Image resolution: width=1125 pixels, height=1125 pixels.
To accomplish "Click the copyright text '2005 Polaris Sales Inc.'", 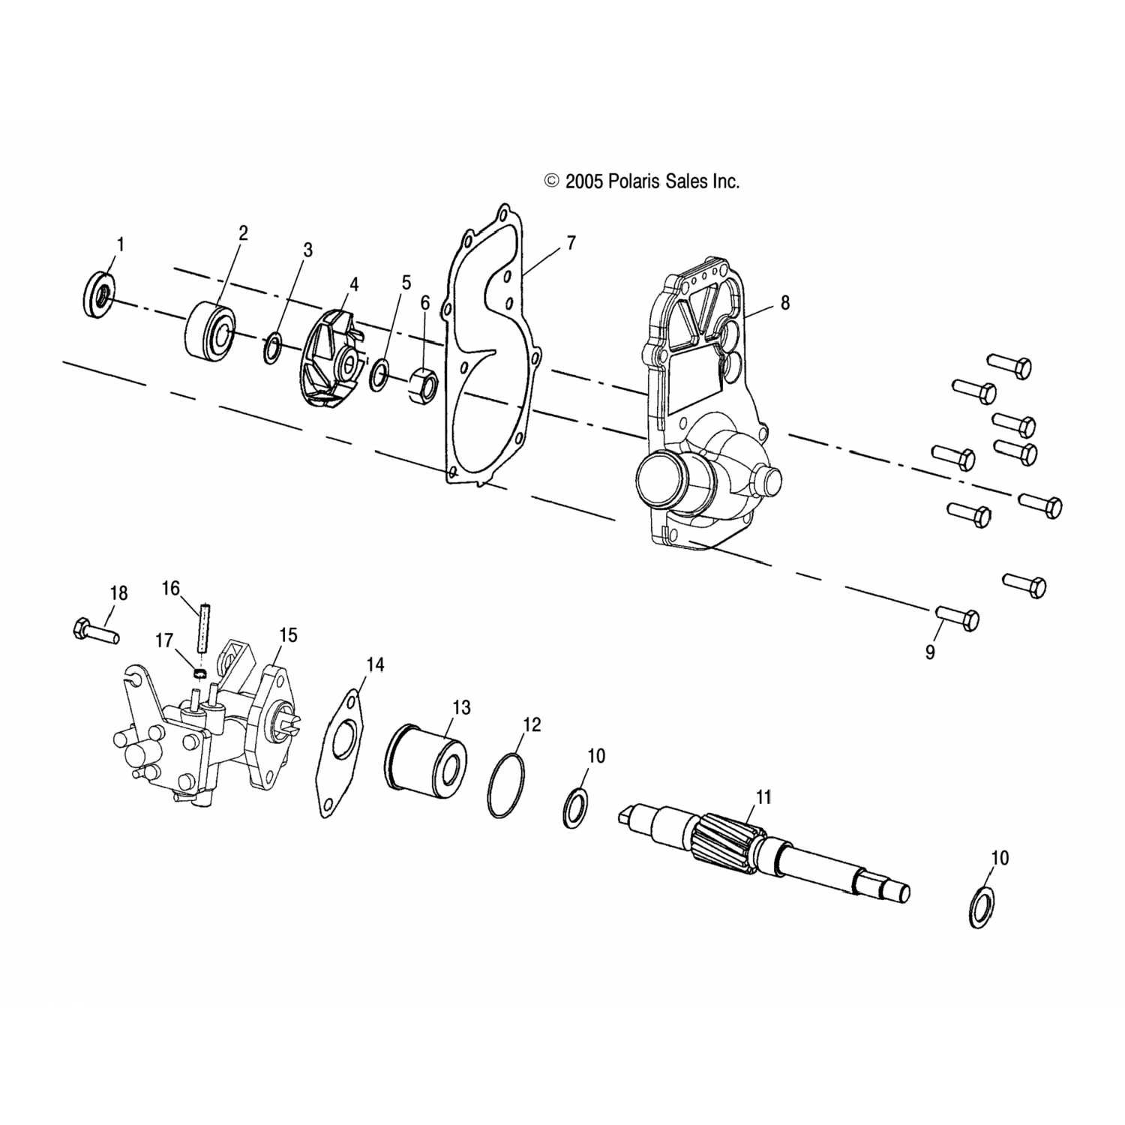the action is pos(652,181).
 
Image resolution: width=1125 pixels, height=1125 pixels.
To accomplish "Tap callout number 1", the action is pos(121,244).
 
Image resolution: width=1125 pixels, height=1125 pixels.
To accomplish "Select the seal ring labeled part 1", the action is pos(97,296).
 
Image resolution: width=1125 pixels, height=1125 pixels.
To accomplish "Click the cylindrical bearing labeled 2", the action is pos(210,330).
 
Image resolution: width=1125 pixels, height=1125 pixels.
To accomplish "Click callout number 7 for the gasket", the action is pos(571,242).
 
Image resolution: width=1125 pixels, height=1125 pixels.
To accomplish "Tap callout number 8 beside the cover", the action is pos(785,303).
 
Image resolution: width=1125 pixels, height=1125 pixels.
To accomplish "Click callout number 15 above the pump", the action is pos(288,635).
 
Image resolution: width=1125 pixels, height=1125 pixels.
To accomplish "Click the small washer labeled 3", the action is pos(273,349).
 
